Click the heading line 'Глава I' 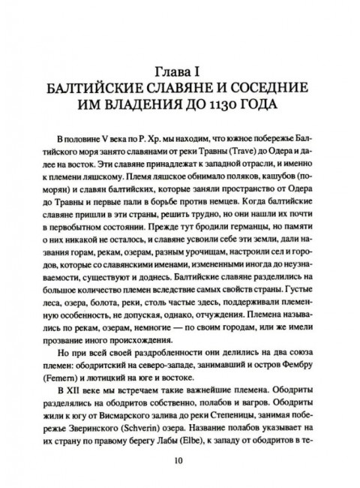[180, 72]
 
